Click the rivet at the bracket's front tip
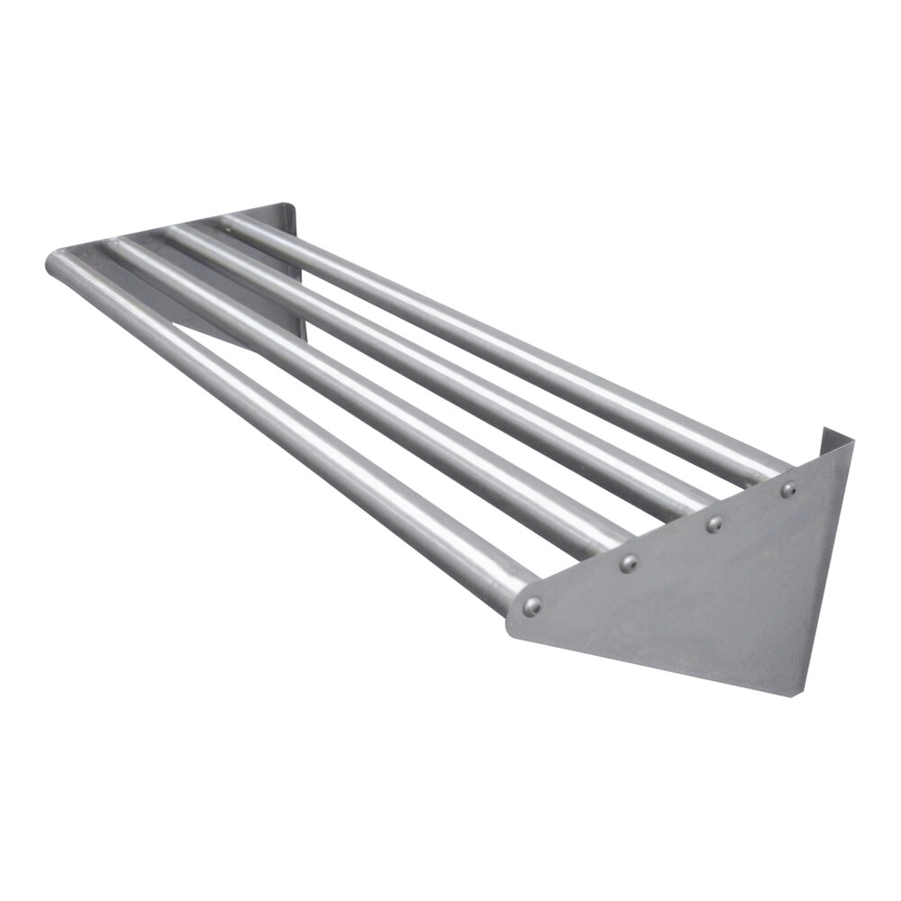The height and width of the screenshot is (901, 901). coord(533,605)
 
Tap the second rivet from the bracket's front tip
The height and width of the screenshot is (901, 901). coord(629,564)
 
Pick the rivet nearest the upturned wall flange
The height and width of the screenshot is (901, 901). coord(788,490)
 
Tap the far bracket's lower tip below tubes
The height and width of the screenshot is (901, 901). coord(302,339)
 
